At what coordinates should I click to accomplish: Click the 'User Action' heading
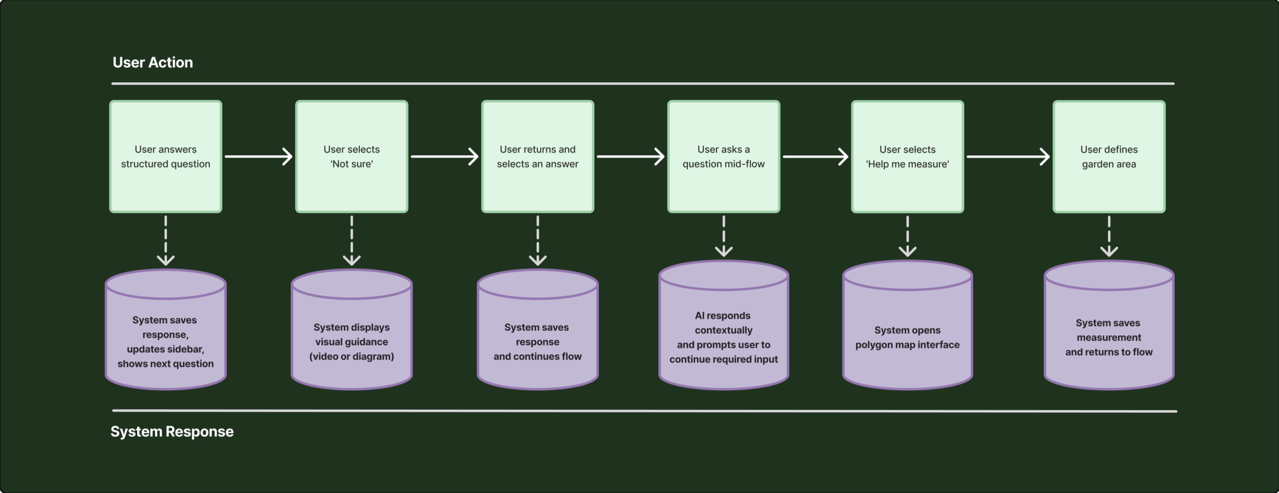pyautogui.click(x=153, y=63)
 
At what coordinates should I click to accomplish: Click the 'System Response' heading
pyautogui.click(x=172, y=431)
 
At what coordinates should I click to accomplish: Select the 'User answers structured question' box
pyautogui.click(x=166, y=157)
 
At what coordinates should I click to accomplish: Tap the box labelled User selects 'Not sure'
pyautogui.click(x=352, y=157)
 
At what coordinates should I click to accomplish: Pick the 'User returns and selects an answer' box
pyautogui.click(x=538, y=157)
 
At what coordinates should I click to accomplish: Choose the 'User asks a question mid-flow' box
pyautogui.click(x=724, y=157)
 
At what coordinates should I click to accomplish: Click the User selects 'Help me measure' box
pyautogui.click(x=907, y=157)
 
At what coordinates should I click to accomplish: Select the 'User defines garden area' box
pyautogui.click(x=1109, y=157)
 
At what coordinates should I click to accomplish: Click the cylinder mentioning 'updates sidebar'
pyautogui.click(x=166, y=330)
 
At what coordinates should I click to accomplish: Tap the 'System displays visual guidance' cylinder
pyautogui.click(x=352, y=330)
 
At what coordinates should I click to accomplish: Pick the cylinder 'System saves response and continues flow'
pyautogui.click(x=538, y=330)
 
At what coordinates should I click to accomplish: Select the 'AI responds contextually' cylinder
pyautogui.click(x=724, y=325)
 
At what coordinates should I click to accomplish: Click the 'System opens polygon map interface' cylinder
pyautogui.click(x=907, y=325)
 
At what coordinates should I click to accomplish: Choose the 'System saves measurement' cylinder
pyautogui.click(x=1109, y=325)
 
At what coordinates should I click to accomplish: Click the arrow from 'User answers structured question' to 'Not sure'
pyautogui.click(x=259, y=156)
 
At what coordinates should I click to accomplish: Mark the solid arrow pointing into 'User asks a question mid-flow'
pyautogui.click(x=631, y=156)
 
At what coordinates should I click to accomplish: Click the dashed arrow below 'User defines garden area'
pyautogui.click(x=1109, y=236)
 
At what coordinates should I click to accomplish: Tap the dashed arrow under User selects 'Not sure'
pyautogui.click(x=352, y=240)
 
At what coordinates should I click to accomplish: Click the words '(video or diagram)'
pyautogui.click(x=352, y=356)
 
